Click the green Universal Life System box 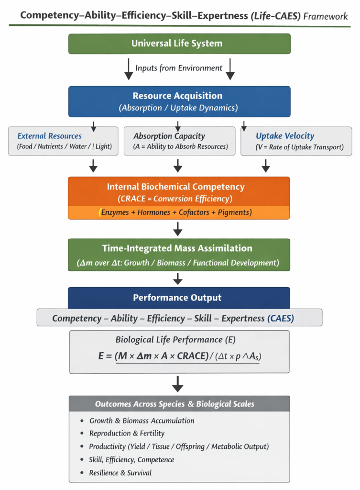click(x=179, y=44)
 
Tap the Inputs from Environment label click(x=179, y=68)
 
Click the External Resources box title click(x=49, y=136)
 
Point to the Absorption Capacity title click(x=169, y=136)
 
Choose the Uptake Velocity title click(x=285, y=136)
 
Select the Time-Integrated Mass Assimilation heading click(x=177, y=248)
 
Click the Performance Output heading click(x=177, y=298)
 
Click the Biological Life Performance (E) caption click(x=175, y=340)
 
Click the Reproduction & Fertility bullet click(x=127, y=433)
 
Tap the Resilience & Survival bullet click(x=120, y=473)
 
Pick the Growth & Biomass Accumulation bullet click(x=142, y=421)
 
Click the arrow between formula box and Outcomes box click(x=178, y=384)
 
